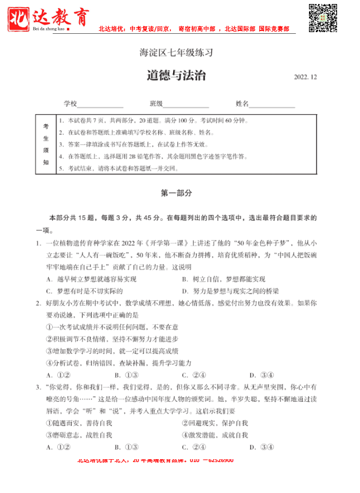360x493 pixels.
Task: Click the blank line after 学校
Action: (x=100, y=105)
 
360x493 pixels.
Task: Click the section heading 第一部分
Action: (x=176, y=194)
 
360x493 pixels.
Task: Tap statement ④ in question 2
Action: (x=118, y=363)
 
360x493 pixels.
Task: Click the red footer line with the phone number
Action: (x=155, y=460)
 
